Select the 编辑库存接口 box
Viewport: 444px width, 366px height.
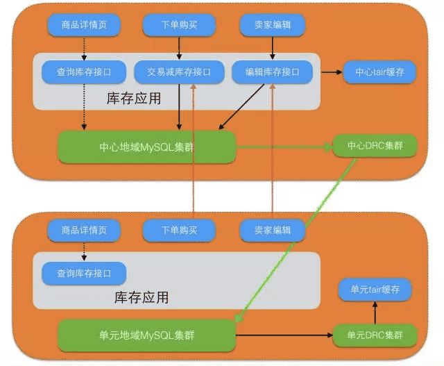272,72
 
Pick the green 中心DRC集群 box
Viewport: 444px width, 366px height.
375,147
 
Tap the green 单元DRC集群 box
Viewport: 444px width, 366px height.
375,335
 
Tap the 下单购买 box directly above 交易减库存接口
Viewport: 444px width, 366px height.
180,26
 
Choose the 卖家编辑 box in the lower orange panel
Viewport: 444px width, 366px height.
273,230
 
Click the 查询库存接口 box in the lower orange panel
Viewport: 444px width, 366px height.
84,273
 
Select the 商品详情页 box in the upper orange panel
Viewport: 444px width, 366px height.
84,26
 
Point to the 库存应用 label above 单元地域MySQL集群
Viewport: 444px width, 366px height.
142,298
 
